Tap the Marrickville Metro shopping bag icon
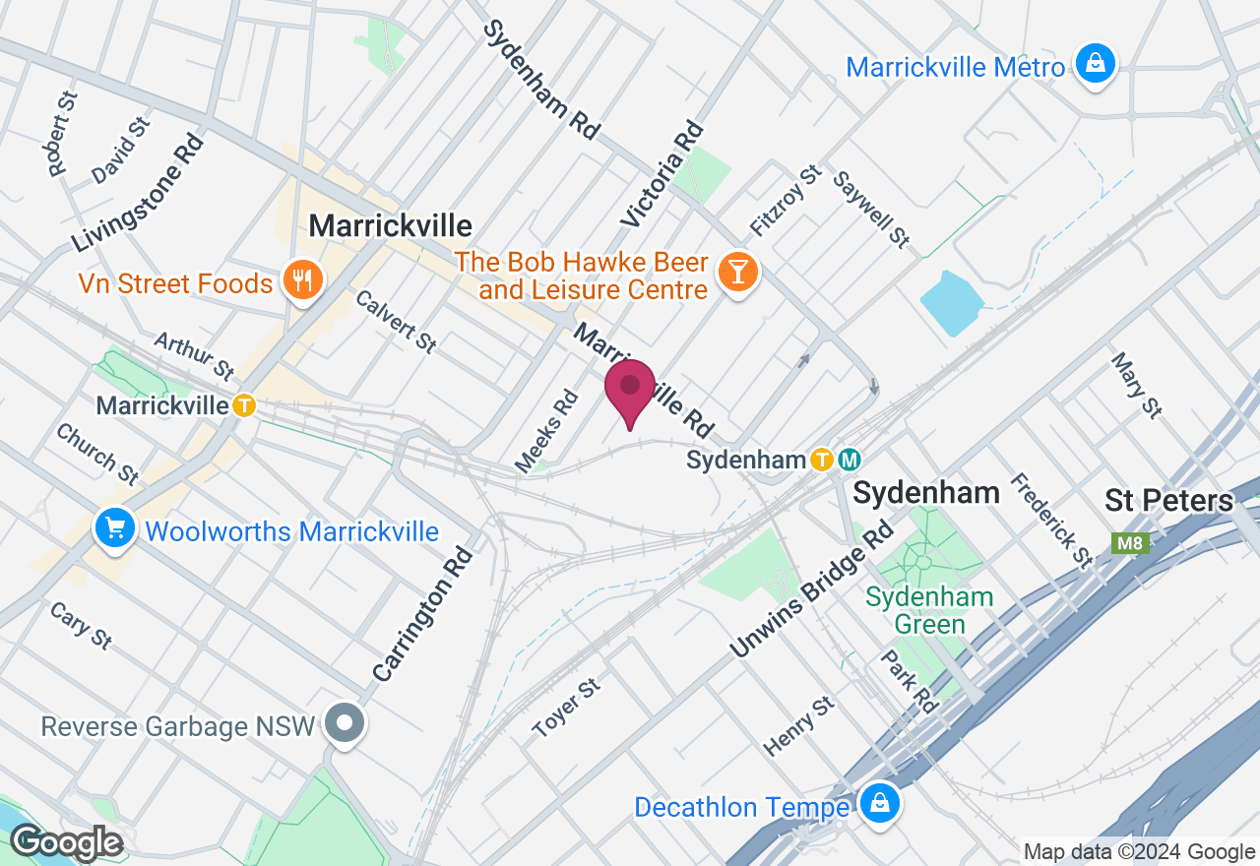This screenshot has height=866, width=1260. (1094, 64)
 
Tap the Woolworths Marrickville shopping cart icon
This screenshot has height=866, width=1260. (115, 529)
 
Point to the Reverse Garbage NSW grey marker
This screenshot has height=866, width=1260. (345, 726)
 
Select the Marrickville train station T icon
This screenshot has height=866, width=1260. (244, 405)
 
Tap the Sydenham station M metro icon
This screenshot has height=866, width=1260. (850, 460)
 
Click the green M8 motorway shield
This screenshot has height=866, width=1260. (1131, 543)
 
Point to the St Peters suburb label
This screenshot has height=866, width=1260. (1168, 500)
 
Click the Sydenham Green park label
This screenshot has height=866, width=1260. (929, 610)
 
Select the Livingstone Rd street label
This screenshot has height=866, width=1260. (137, 193)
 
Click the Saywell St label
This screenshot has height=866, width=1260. (871, 209)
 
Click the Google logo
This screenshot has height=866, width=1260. (66, 843)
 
